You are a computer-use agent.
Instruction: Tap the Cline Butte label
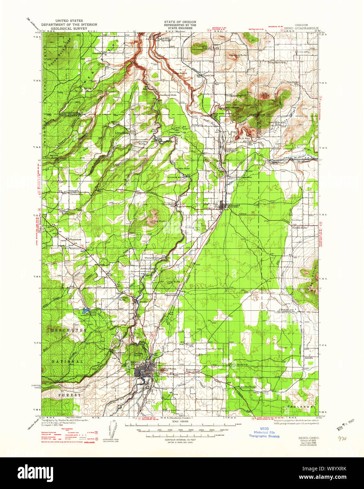[x=159, y=221]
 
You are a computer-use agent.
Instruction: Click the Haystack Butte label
[x=238, y=55]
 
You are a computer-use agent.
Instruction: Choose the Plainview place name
[x=75, y=240]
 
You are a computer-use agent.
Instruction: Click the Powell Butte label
[x=300, y=228]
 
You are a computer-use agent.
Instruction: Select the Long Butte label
[x=173, y=282]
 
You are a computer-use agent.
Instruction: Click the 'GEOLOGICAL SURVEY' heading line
[x=69, y=28]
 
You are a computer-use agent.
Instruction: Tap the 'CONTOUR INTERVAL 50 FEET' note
[x=180, y=440]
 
